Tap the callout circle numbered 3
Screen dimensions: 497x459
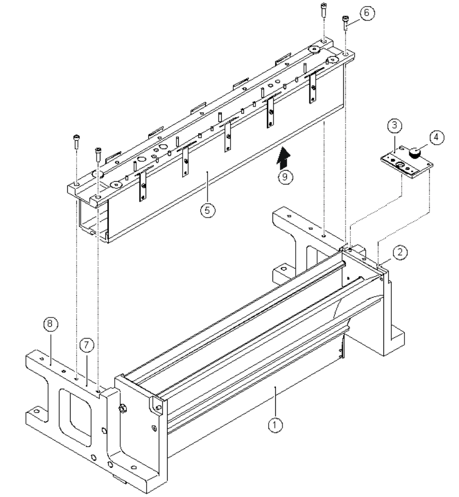(x=393, y=126)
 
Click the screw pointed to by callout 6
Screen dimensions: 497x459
(x=345, y=22)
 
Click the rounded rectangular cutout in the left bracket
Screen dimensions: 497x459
(x=74, y=413)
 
